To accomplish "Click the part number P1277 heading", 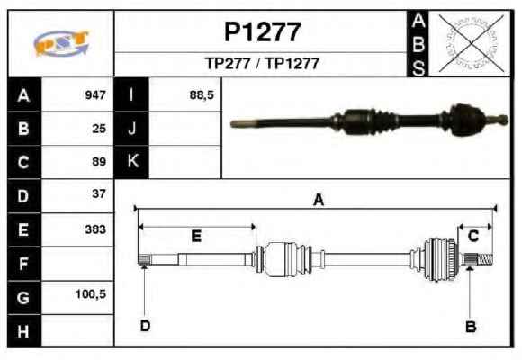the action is (262, 32).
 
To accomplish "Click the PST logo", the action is (61, 43).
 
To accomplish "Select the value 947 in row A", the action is (95, 95).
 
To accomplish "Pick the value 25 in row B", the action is (99, 129).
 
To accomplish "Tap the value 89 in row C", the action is (99, 162).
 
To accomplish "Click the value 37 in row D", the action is (99, 193).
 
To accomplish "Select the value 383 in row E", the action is (95, 229).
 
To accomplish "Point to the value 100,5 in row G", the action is (91, 294).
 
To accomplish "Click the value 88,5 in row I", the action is (202, 95).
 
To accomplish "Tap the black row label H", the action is (24, 331).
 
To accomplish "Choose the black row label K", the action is (131, 161).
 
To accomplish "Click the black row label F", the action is (24, 264).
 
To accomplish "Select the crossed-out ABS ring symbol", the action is (471, 43).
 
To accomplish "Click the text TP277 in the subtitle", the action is (228, 64).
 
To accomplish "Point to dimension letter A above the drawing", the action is (319, 200).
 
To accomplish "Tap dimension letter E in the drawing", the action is (196, 236).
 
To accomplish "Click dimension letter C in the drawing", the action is (473, 236).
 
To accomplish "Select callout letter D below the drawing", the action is (146, 326).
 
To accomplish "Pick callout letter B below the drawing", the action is (471, 327).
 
